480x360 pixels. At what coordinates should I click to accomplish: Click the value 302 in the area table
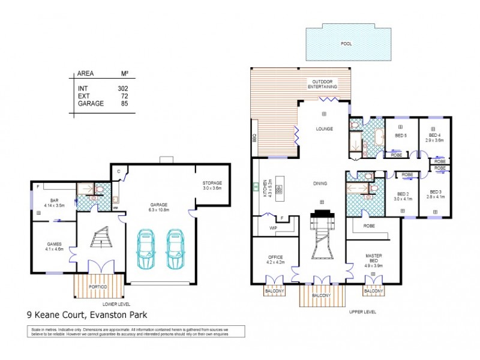pyautogui.click(x=123, y=89)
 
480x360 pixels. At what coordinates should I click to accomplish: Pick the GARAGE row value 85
pyautogui.click(x=124, y=103)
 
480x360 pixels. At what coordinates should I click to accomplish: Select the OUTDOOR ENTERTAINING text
pyautogui.click(x=323, y=84)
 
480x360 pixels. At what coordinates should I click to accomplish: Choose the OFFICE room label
pyautogui.click(x=274, y=259)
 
